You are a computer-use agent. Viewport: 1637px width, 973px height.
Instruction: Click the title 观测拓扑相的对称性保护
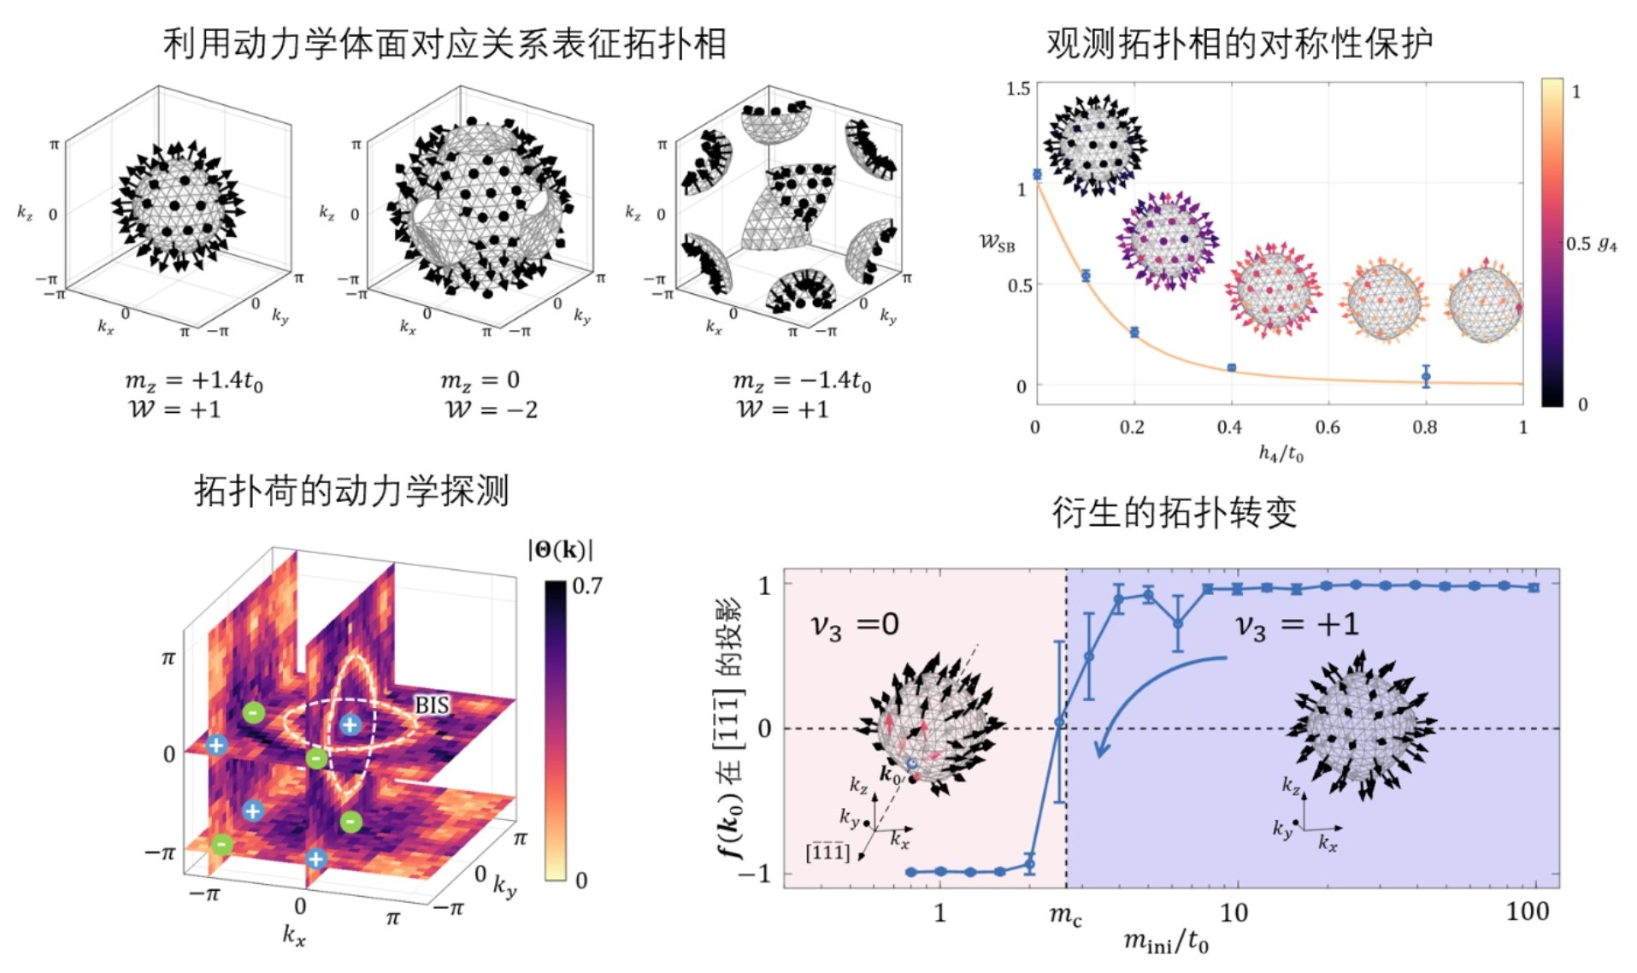[x=1239, y=43]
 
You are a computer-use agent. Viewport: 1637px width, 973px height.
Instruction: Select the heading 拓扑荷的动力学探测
[x=351, y=491]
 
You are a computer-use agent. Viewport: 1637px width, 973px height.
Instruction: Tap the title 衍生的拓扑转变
[x=1174, y=512]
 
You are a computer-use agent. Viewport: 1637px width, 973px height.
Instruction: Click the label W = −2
[x=492, y=410]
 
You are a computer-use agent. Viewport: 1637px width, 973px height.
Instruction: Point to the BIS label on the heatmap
[x=432, y=705]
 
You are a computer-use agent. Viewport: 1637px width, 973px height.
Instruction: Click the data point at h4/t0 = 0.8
[x=1426, y=376]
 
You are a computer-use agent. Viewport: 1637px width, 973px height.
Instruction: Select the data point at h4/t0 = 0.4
[x=1231, y=368]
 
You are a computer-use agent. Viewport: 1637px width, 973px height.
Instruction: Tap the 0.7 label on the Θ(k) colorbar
[x=587, y=586]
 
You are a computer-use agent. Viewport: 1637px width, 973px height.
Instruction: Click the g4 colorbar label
[x=1607, y=245]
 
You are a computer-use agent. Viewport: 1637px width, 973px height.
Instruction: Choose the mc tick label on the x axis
[x=1065, y=916]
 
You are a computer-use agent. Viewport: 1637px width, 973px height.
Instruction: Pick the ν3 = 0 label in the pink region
[x=855, y=625]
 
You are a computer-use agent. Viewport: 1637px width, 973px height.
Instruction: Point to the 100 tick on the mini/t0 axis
[x=1527, y=911]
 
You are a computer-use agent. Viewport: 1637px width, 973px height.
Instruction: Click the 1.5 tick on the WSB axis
[x=1018, y=89]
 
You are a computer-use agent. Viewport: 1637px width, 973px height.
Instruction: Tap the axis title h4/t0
[x=1281, y=453]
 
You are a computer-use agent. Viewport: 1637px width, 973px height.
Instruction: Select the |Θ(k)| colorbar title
[x=560, y=549]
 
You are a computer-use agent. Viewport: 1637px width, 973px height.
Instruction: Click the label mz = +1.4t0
[x=194, y=380]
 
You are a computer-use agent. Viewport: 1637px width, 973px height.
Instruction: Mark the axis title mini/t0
[x=1166, y=942]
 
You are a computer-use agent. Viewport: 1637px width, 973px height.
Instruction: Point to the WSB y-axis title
[x=997, y=244]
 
